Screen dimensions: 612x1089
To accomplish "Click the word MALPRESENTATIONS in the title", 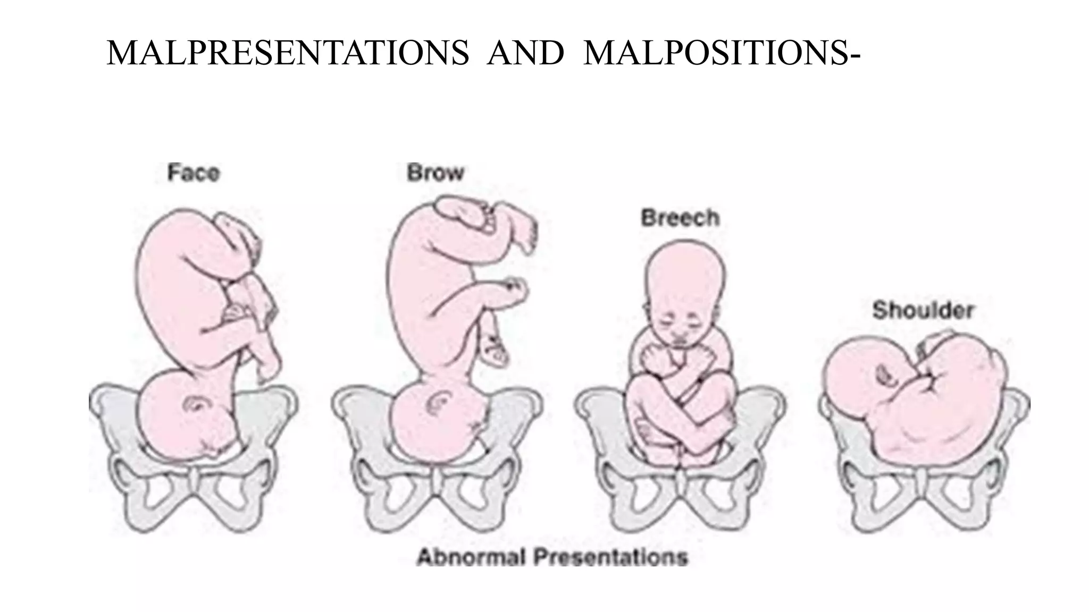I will click(x=288, y=54).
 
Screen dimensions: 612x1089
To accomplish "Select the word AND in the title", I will click(x=525, y=54).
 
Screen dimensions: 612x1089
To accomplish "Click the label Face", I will click(x=194, y=173).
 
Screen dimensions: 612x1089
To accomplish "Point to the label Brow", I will click(x=435, y=173).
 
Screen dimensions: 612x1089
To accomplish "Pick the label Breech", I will click(x=680, y=218).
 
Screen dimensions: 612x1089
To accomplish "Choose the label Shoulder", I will click(x=923, y=310).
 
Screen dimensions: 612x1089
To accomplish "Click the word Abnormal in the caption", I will click(x=471, y=557).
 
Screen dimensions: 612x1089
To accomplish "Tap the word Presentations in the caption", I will click(x=610, y=557).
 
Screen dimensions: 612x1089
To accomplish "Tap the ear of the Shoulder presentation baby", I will click(x=885, y=375).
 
